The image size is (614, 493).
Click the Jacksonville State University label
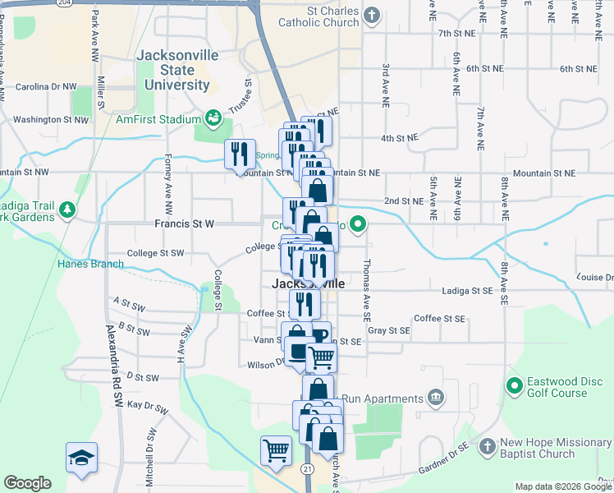pos(176,70)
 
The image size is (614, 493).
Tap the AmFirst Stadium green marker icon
pos(213,118)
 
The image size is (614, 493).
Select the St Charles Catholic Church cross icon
pos(373,14)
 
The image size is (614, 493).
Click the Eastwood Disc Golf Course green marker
pos(515,385)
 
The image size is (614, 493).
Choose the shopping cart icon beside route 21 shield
pos(276,449)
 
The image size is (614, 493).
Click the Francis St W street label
pos(184,223)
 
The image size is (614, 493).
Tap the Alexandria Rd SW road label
pos(114,354)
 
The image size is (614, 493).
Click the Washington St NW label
pos(49,120)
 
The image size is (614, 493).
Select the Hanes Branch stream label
pos(90,264)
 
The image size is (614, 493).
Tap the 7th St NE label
pos(457,33)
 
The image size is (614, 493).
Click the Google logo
pos(27,483)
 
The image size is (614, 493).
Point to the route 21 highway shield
pos(307,468)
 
